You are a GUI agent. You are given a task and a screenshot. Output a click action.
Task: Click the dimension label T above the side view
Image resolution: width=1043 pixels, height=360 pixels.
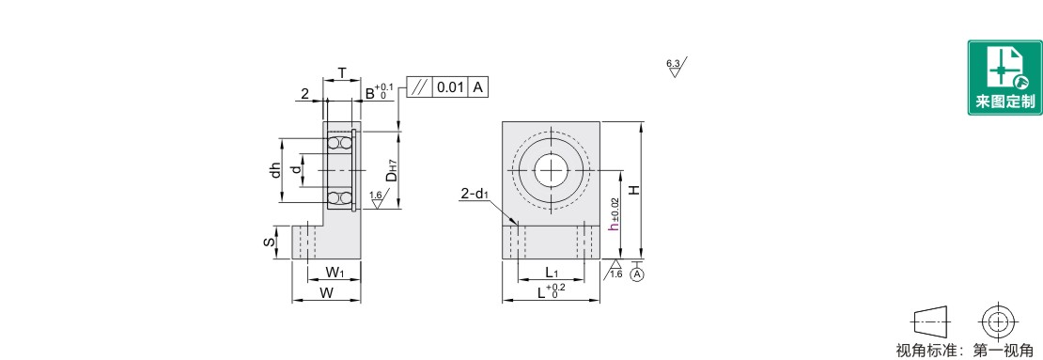(342, 72)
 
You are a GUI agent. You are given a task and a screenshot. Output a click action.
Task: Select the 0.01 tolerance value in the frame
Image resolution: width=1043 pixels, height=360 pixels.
(451, 87)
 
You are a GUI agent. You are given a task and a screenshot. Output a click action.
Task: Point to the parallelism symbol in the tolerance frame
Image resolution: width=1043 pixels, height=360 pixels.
(419, 87)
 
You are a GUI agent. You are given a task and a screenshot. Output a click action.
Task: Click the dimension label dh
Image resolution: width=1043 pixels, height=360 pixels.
(274, 170)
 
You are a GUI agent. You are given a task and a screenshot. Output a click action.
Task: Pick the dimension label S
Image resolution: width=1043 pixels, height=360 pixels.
(269, 243)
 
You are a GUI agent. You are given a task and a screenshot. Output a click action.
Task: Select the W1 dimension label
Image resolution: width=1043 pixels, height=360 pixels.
(335, 272)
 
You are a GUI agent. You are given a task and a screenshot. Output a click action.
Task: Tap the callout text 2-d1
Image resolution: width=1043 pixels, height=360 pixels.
(475, 195)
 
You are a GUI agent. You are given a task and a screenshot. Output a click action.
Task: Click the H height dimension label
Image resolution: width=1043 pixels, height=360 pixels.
(635, 190)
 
